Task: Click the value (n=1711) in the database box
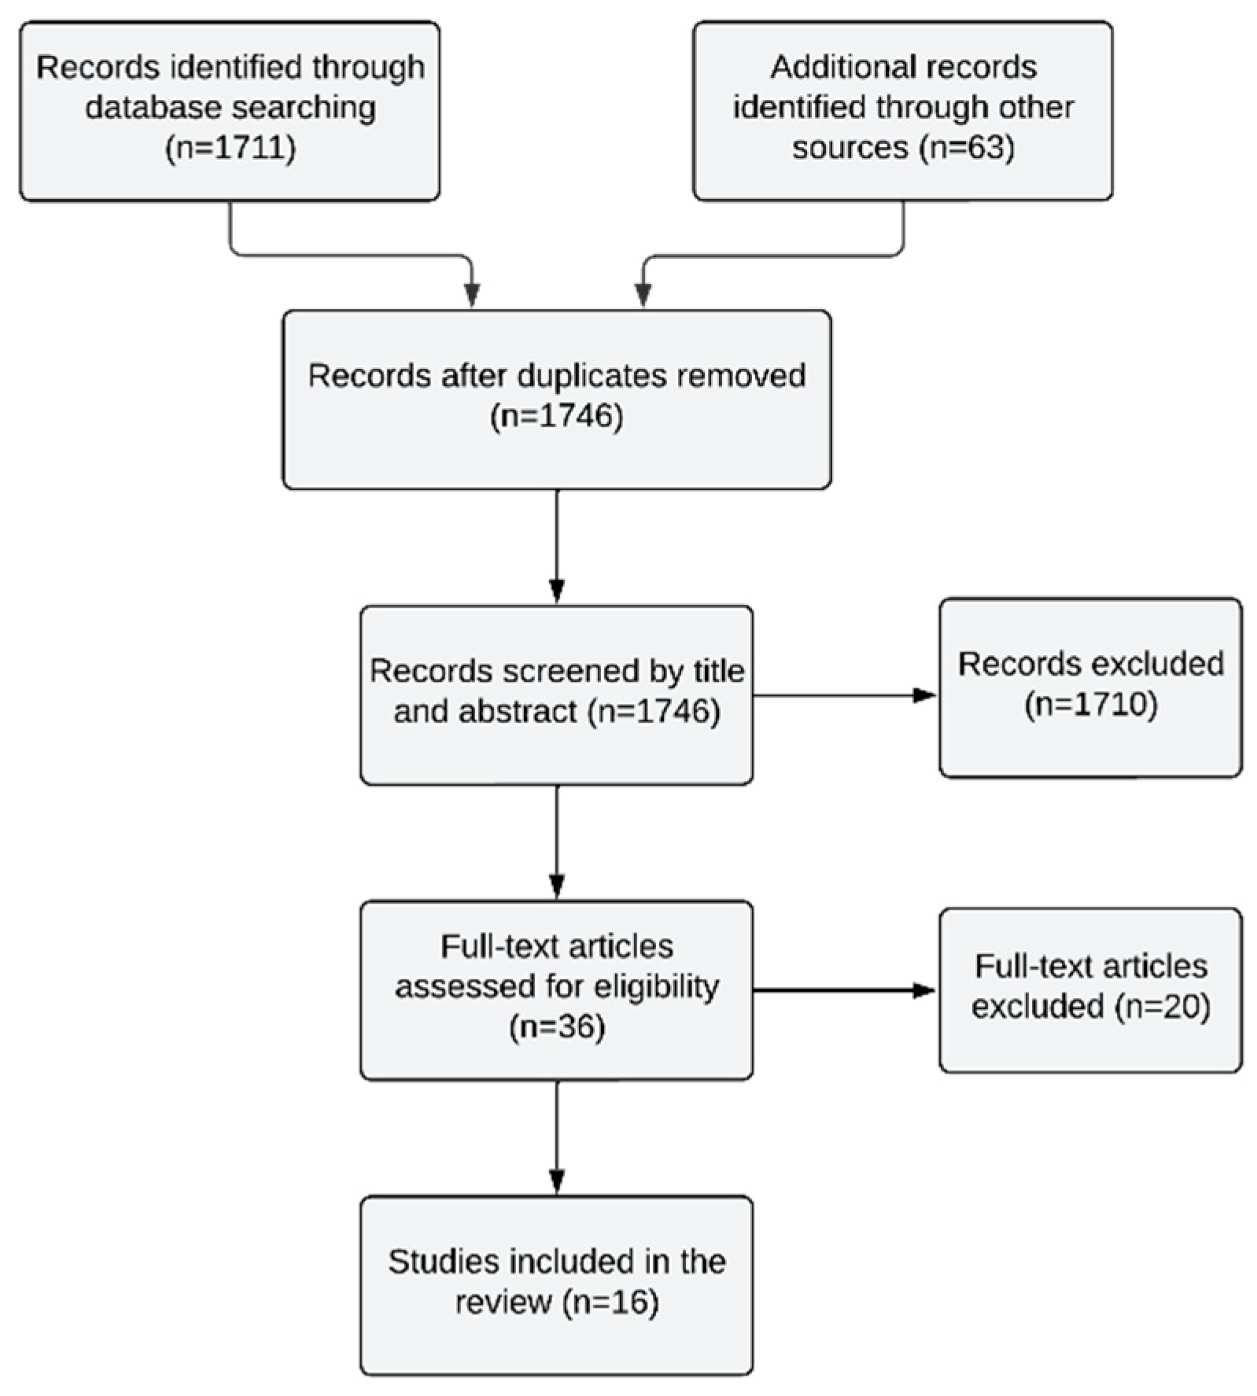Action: tap(230, 149)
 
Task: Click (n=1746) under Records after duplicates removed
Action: tap(556, 417)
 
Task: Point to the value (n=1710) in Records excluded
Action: tap(1090, 705)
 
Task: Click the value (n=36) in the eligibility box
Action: tap(556, 1027)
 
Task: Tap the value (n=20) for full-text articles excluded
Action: tap(1162, 1007)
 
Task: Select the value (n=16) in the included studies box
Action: tap(611, 1302)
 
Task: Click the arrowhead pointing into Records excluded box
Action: tap(924, 695)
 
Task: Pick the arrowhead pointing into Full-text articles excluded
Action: tap(924, 991)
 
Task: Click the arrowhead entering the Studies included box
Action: tap(557, 1181)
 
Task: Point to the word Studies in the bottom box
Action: tap(442, 1262)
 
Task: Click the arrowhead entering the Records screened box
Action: tap(557, 591)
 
